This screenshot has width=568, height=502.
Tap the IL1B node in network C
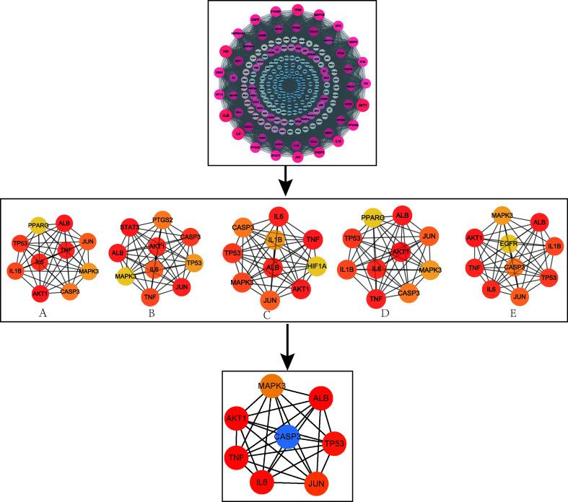tap(276, 239)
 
